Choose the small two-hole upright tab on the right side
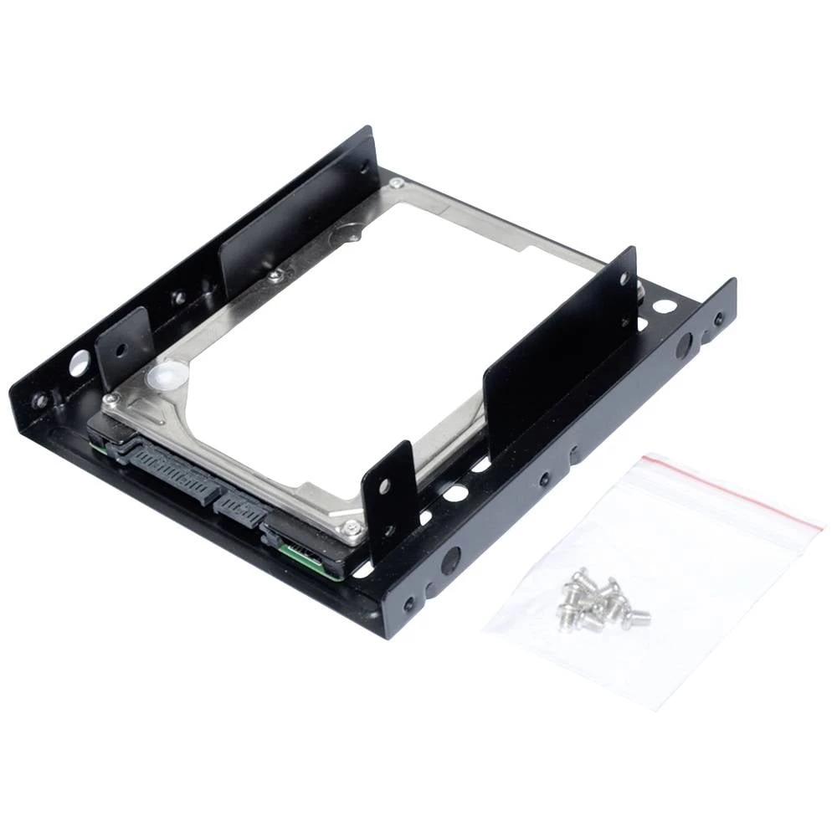tap(388, 494)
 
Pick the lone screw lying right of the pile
tap(637, 617)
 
